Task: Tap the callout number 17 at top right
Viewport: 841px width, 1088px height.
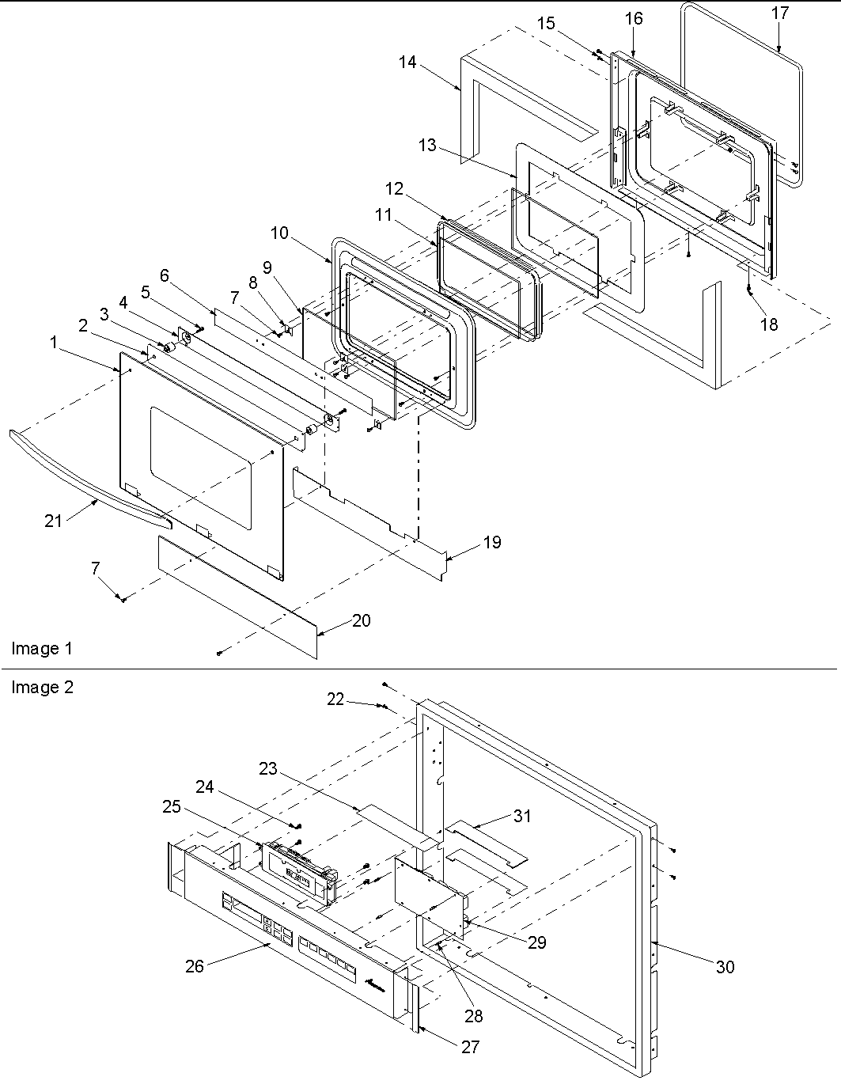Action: coord(779,13)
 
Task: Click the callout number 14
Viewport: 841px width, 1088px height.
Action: coord(407,62)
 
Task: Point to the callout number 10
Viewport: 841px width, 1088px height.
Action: coord(279,233)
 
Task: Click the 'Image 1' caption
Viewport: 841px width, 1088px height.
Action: coord(41,649)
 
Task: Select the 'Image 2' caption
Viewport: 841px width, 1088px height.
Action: coord(42,688)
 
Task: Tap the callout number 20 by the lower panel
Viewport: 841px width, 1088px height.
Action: coord(361,621)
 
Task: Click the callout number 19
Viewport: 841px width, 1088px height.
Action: coord(492,543)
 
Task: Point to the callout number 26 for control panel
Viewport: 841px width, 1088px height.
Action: coord(195,965)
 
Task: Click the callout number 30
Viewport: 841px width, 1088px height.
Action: coord(725,966)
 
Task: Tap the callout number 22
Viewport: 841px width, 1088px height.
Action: coord(335,699)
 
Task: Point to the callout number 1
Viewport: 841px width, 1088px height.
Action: coord(54,343)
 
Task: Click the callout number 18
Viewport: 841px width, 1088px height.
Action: coord(768,324)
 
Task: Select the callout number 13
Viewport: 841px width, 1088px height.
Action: coord(427,146)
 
